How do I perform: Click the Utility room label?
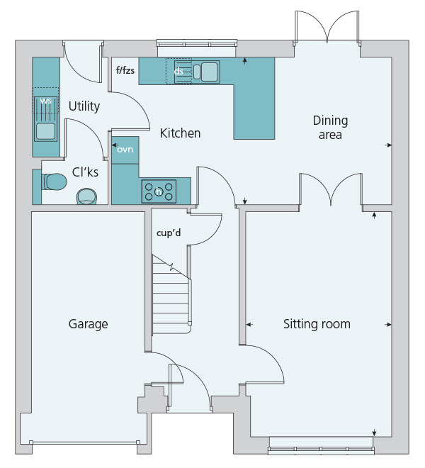[x=84, y=106]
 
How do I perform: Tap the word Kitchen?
[x=180, y=133]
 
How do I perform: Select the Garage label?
[x=89, y=324]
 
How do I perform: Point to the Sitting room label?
[x=317, y=324]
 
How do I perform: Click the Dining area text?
[x=330, y=128]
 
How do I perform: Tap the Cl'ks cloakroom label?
[x=85, y=172]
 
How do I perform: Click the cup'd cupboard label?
[x=169, y=233]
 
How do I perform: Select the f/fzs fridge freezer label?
[x=125, y=70]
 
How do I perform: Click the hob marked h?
[x=159, y=191]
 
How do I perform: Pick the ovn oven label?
[x=125, y=149]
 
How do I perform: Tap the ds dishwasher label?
[x=178, y=72]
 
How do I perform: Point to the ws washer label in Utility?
[x=46, y=101]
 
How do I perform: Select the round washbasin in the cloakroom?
[x=87, y=196]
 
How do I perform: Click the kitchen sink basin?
[x=210, y=72]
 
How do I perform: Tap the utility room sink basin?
[x=45, y=131]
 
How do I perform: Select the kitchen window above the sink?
[x=197, y=43]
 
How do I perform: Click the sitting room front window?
[x=321, y=446]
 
